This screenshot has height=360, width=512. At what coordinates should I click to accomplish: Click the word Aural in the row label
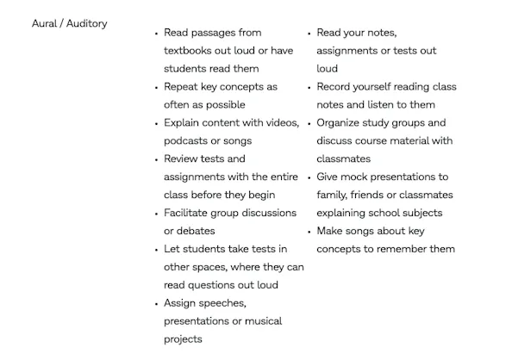click(45, 24)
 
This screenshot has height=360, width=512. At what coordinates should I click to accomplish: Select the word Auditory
click(88, 24)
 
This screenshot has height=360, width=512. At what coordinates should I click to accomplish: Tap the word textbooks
click(190, 51)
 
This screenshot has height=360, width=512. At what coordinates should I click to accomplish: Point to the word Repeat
click(182, 87)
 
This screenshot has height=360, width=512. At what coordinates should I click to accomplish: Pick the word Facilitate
click(189, 213)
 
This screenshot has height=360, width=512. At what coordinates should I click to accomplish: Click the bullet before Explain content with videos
click(156, 123)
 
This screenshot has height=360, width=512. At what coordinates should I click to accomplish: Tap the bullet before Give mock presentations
click(309, 177)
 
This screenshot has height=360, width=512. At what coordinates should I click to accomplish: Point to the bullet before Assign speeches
click(156, 304)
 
